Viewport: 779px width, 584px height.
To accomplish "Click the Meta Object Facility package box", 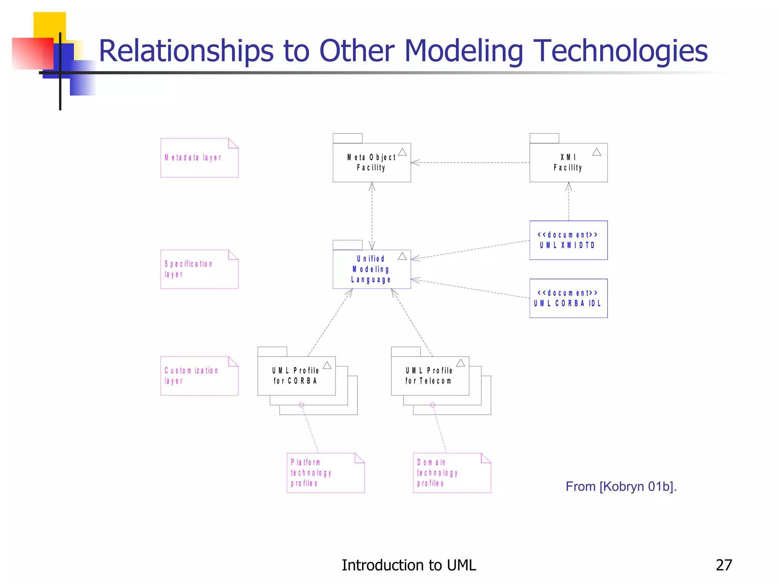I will click(372, 163).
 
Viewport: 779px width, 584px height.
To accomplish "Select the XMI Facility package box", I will click(568, 163).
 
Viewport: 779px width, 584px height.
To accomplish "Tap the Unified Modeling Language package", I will click(372, 269).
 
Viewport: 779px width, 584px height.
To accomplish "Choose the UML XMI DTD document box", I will click(568, 240).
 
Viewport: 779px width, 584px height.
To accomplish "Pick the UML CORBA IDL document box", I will click(568, 298).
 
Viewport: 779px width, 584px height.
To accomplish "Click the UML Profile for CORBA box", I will click(296, 376).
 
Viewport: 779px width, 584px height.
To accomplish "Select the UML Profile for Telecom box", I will click(430, 376).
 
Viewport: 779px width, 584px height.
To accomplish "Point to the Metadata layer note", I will click(199, 158).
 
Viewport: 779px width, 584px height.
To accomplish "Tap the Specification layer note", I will click(199, 269).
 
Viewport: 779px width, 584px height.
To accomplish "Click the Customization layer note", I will click(199, 376).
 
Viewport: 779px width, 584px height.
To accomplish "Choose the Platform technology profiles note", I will click(326, 473).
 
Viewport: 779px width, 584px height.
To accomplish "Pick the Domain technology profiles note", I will click(452, 473).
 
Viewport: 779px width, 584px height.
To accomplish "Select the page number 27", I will click(724, 565).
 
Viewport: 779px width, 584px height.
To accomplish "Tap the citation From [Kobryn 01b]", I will click(621, 487).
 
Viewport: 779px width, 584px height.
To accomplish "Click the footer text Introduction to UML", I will click(409, 565).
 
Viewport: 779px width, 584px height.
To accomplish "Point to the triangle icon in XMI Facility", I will click(596, 152).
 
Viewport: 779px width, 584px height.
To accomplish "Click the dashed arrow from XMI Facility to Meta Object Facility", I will click(470, 163).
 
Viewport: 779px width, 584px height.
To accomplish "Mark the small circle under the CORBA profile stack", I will click(302, 405).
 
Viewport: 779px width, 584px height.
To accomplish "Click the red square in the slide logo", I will click(32, 53).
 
